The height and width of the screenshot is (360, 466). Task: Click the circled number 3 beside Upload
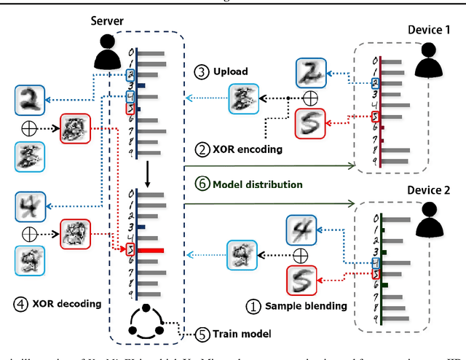(x=200, y=71)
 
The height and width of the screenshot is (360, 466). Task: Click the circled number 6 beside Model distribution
(x=201, y=184)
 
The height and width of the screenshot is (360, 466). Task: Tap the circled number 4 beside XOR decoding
(x=20, y=300)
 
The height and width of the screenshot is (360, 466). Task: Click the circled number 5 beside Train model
(x=201, y=334)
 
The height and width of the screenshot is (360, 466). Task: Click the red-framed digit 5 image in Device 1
(x=310, y=122)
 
